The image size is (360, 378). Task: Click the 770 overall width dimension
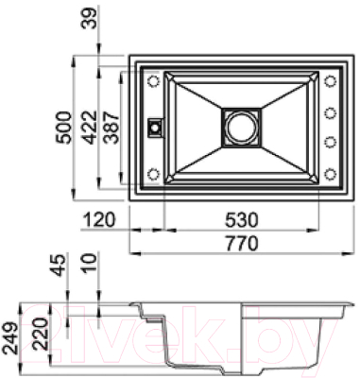coord(242,242)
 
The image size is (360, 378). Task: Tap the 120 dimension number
coord(97,220)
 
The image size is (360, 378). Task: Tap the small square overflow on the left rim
coord(153,125)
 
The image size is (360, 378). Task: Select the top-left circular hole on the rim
coord(153,81)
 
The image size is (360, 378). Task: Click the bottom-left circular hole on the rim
coord(153,172)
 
